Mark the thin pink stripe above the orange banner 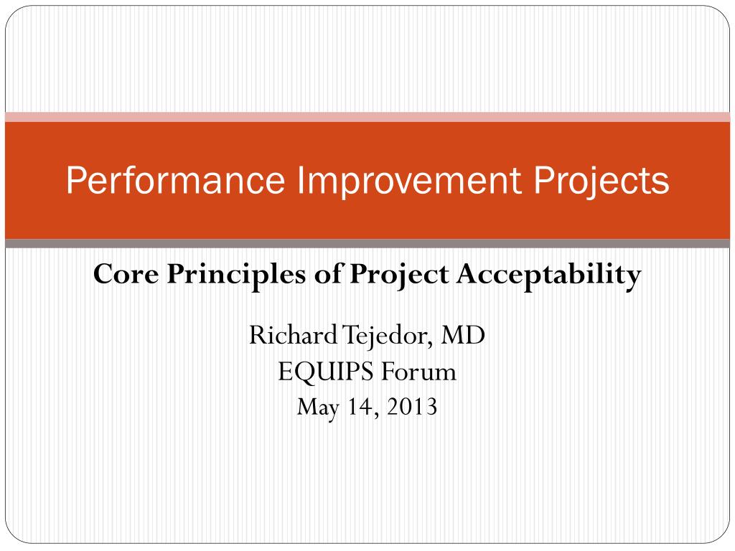[x=367, y=117]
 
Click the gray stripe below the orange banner [x=367, y=244]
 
